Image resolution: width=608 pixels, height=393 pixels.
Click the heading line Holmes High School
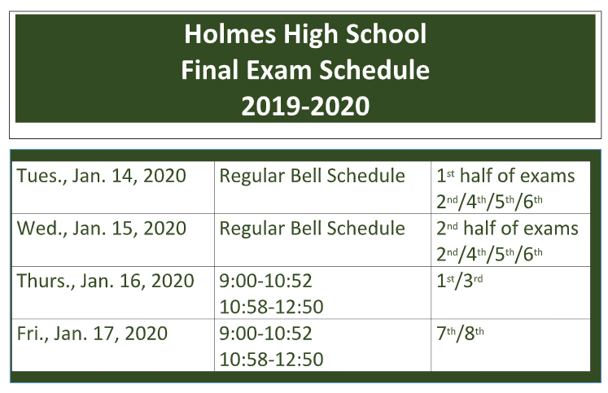(x=304, y=34)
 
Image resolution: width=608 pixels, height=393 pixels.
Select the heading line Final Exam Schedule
(x=304, y=70)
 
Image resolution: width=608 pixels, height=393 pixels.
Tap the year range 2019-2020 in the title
(x=304, y=106)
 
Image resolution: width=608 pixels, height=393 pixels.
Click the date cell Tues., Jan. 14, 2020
(x=102, y=176)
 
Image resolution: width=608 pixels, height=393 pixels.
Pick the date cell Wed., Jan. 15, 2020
(x=100, y=229)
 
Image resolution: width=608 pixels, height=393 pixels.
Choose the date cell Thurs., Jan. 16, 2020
(x=106, y=282)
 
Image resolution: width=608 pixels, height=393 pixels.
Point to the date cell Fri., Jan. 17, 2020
(x=93, y=334)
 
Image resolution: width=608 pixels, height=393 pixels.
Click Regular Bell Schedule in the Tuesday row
(x=312, y=176)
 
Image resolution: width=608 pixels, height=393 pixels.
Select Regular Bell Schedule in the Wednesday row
(x=312, y=229)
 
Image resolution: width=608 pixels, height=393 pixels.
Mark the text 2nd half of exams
(x=507, y=229)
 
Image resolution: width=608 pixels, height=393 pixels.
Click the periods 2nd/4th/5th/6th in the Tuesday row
(x=489, y=201)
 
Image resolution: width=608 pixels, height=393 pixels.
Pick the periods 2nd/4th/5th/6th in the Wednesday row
(x=489, y=253)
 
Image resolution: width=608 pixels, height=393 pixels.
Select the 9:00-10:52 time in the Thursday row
(x=265, y=282)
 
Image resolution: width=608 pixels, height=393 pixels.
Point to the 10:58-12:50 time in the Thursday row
(x=271, y=307)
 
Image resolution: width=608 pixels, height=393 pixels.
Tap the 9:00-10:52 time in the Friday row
(x=265, y=334)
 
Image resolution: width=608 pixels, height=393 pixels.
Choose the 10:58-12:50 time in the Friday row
(x=271, y=359)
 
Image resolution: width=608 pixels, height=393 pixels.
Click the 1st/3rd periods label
(x=460, y=282)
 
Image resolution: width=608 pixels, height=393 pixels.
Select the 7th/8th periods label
(x=461, y=334)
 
